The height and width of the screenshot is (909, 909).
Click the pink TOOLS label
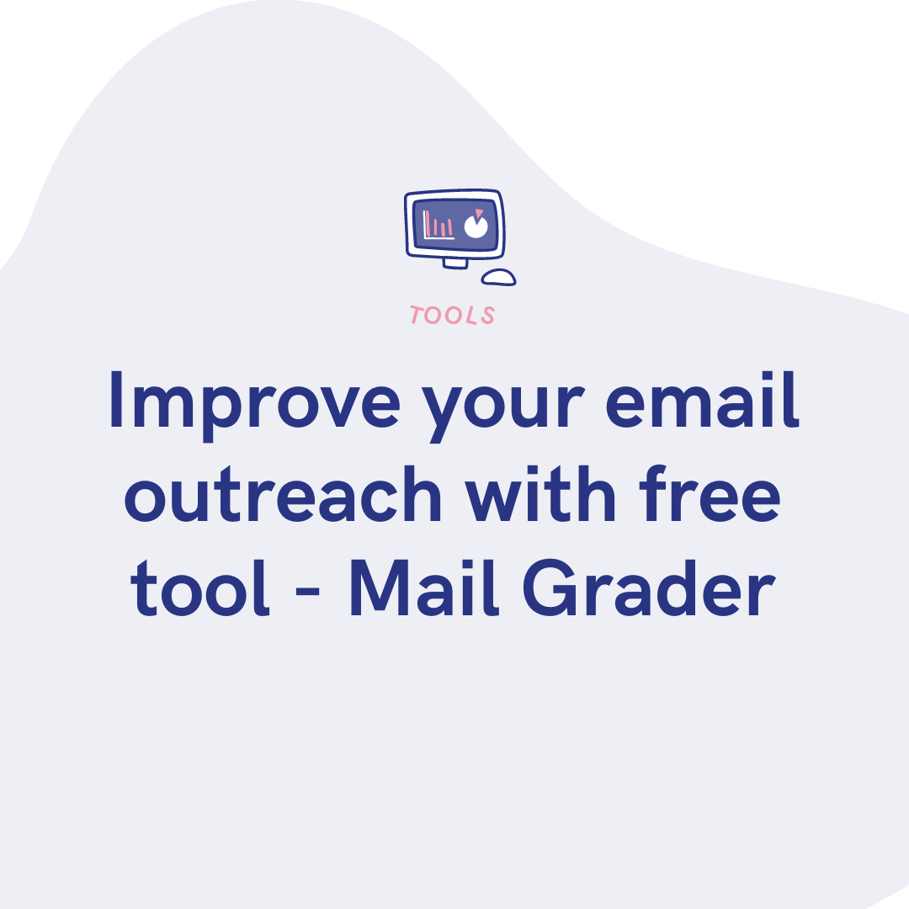453,316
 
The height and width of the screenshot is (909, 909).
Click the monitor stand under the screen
454,263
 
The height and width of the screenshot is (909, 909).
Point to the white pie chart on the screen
476,227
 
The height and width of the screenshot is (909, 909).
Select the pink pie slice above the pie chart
480,212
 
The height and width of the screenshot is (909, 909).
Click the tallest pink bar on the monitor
428,223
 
